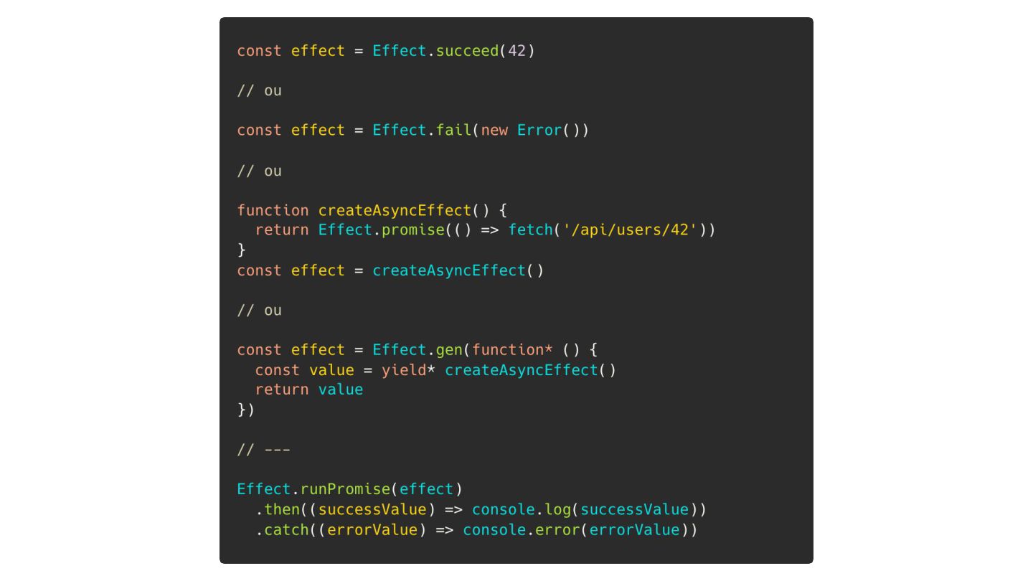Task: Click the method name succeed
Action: pos(467,51)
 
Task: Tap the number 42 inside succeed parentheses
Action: pos(516,51)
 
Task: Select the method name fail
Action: pos(453,131)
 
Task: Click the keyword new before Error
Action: pos(494,131)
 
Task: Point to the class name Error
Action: pos(539,131)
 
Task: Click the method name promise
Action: pos(412,230)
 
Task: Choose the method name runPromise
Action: pos(345,490)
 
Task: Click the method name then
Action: pos(282,510)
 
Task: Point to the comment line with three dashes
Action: pos(263,450)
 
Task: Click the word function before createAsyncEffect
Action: pos(273,211)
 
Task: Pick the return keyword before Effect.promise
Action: pos(282,230)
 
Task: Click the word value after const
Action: pos(331,370)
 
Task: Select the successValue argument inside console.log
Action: pos(634,510)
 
